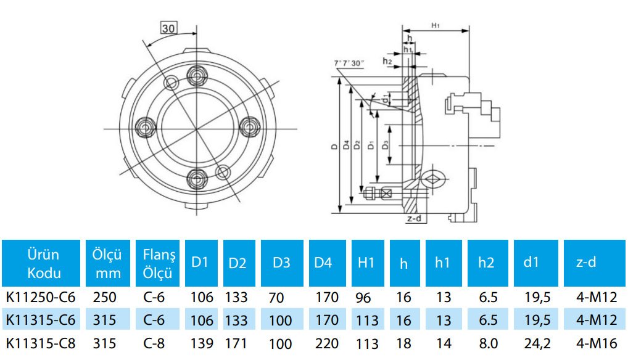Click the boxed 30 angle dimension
point(168,28)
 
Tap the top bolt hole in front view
point(197,76)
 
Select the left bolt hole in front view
point(147,128)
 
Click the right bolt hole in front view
point(249,128)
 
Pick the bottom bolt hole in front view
point(197,179)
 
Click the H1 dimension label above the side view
point(436,25)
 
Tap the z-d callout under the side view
point(414,218)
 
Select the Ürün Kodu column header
point(43,263)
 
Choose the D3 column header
point(281,263)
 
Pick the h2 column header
point(486,263)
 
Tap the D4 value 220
point(326,343)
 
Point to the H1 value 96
point(363,298)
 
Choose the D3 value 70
point(276,298)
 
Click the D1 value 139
point(202,343)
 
